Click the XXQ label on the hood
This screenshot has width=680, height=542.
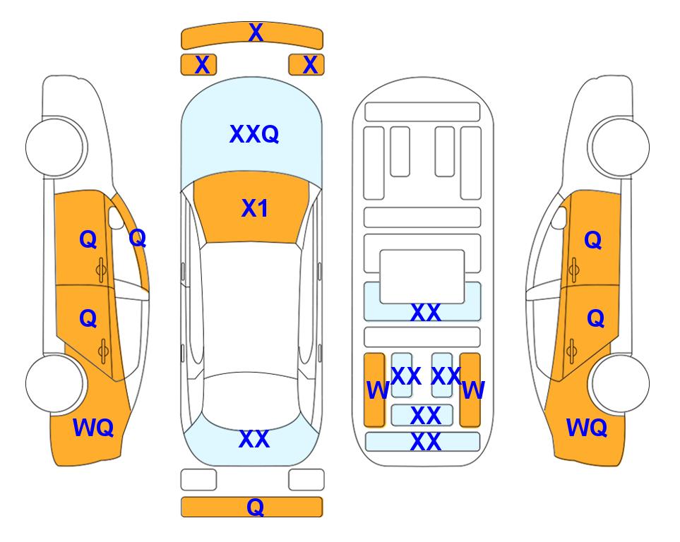point(254,134)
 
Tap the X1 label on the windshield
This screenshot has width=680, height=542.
point(255,208)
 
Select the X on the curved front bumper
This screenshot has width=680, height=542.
point(256,32)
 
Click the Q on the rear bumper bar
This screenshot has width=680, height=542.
point(256,507)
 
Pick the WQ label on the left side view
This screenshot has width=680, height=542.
point(93,428)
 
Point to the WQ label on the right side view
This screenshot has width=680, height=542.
point(587,428)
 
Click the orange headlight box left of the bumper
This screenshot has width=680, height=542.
point(198,65)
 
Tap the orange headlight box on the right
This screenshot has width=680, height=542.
point(306,65)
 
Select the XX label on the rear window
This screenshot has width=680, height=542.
point(254,439)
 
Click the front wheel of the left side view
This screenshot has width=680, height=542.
point(55,147)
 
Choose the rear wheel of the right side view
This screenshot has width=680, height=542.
point(619,383)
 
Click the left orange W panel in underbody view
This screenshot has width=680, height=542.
point(374,390)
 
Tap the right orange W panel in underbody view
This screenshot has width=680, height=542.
point(470,390)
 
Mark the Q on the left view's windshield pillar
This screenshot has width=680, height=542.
point(138,238)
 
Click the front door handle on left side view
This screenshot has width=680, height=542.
point(102,270)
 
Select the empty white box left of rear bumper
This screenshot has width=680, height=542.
point(198,480)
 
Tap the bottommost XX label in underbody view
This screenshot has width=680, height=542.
point(426,442)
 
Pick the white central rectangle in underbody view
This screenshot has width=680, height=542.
point(422,276)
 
